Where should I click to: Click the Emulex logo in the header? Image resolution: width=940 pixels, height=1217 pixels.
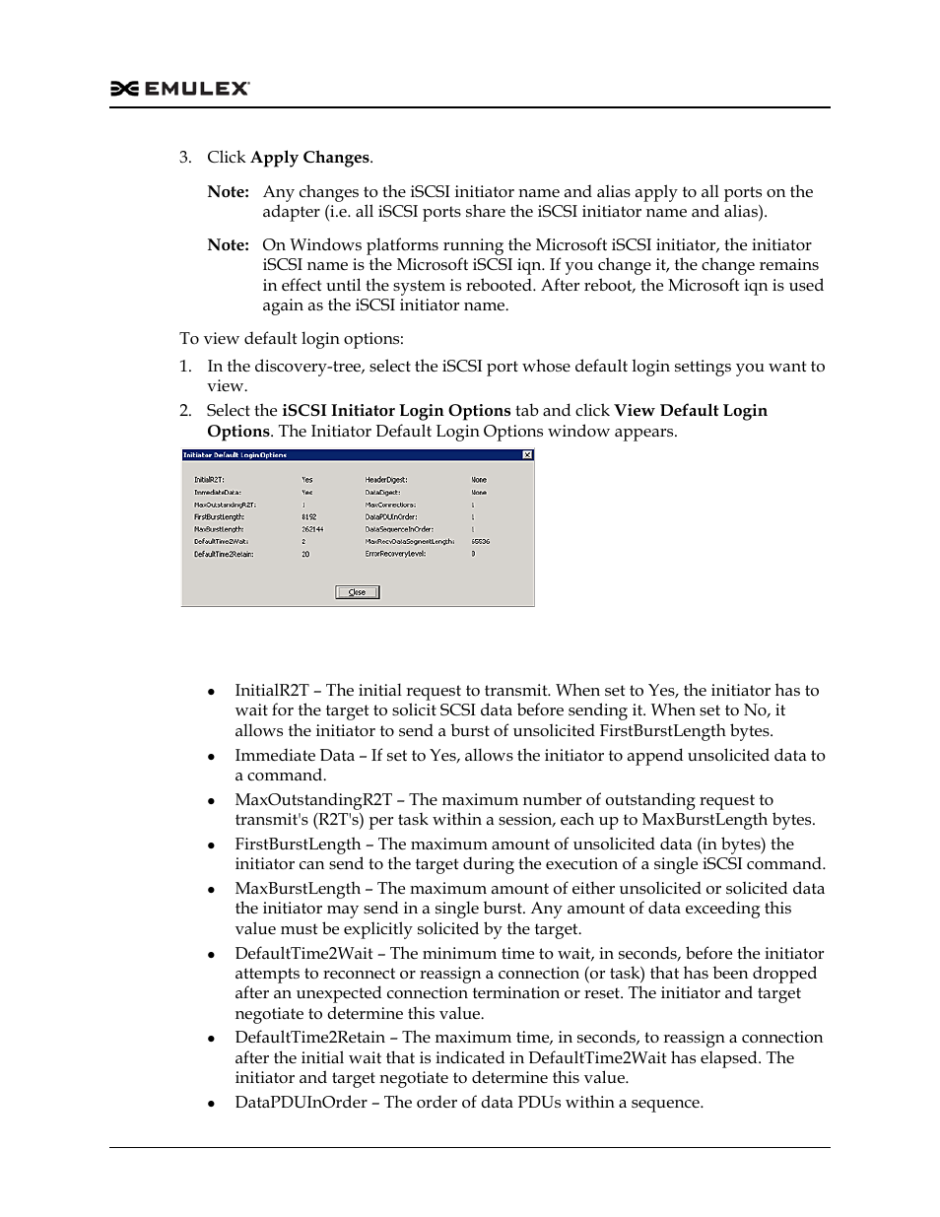[179, 89]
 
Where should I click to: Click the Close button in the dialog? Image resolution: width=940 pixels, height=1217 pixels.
[357, 592]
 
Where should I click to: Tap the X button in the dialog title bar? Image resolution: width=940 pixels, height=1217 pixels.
[527, 455]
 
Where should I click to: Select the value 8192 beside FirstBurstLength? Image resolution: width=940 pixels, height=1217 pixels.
[308, 516]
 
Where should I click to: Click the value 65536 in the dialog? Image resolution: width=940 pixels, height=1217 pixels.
[480, 541]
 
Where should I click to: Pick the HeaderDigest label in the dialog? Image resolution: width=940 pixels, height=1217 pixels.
[386, 480]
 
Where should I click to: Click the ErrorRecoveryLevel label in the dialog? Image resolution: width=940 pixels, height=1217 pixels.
[396, 554]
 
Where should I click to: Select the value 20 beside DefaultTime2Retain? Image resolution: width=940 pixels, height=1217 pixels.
[305, 554]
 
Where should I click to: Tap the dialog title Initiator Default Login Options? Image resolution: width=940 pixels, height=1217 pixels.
[235, 455]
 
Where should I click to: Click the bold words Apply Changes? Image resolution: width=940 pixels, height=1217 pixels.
[309, 158]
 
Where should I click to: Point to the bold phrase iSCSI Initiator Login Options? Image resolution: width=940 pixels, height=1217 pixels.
[396, 411]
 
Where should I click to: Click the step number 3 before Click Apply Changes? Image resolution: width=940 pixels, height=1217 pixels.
[183, 158]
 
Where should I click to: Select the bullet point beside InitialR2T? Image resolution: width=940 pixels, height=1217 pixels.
[211, 692]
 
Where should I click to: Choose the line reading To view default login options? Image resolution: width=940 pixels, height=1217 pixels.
[291, 339]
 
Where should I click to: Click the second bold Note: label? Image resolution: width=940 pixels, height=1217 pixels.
[228, 245]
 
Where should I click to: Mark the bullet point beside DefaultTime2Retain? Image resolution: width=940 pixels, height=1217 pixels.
[211, 1039]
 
